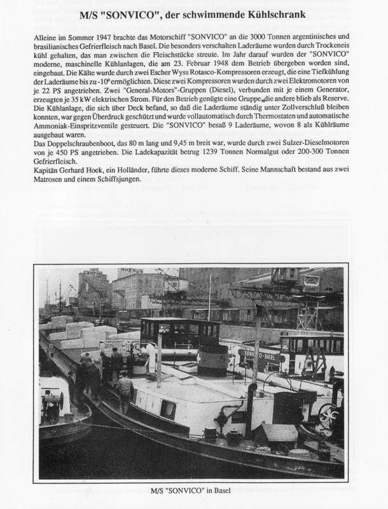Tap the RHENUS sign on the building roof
(130, 270)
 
